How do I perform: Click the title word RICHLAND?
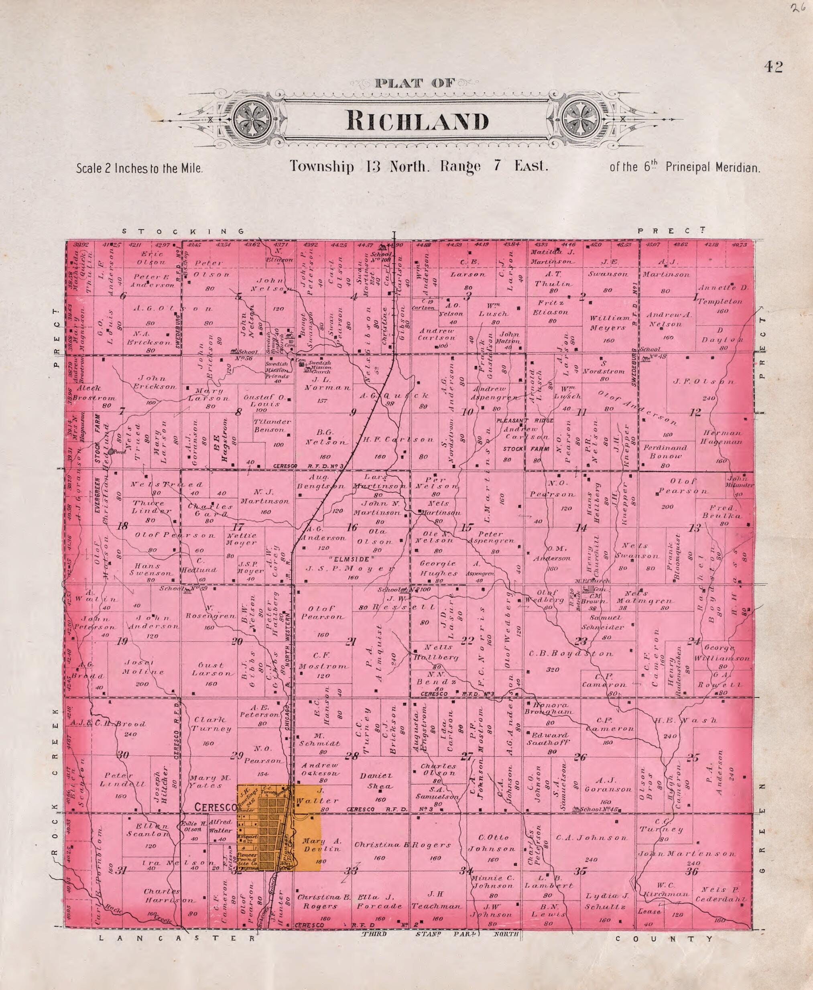pyautogui.click(x=417, y=121)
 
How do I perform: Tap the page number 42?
pyautogui.click(x=773, y=67)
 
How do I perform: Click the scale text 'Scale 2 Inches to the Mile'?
pyautogui.click(x=140, y=168)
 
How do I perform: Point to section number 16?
pyautogui.click(x=352, y=528)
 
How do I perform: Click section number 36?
pyautogui.click(x=692, y=872)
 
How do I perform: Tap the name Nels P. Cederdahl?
pyautogui.click(x=720, y=894)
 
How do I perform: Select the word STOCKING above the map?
pyautogui.click(x=183, y=231)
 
